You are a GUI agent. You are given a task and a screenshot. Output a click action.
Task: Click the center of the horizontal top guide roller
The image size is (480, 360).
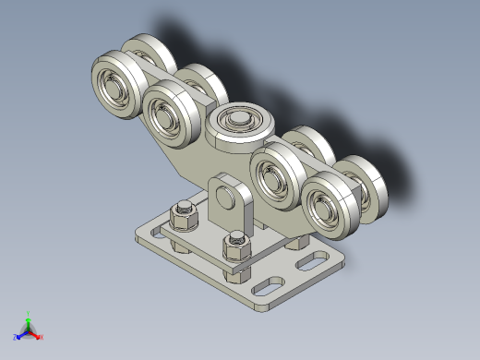(x=239, y=121)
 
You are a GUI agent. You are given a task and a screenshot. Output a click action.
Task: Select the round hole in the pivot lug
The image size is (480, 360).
(x=225, y=197)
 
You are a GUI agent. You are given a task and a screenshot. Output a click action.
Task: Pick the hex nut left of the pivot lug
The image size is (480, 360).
(x=184, y=215)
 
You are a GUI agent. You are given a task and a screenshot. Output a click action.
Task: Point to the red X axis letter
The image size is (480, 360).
(x=42, y=338)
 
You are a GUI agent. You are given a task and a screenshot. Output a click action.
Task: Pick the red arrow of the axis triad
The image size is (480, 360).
(x=36, y=334)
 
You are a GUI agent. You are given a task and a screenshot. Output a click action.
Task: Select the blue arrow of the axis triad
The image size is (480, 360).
(x=21, y=334)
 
